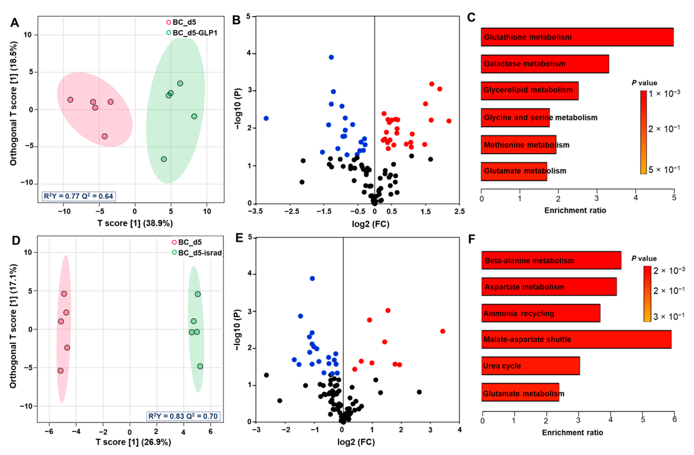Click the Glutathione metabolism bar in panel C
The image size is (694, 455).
(577, 37)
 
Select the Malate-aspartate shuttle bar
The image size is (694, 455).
(576, 339)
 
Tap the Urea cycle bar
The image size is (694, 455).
(530, 366)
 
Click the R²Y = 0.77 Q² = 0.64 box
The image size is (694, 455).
(78, 196)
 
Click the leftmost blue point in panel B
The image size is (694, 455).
(266, 118)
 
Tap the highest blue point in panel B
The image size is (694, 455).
(331, 57)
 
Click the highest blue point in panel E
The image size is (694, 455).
(312, 278)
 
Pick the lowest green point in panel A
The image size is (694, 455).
(164, 159)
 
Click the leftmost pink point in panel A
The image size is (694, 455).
(70, 100)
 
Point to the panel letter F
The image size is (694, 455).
(472, 239)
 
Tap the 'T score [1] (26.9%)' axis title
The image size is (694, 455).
(133, 442)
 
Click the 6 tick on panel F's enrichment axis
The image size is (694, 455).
(674, 419)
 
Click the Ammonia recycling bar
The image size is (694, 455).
(541, 313)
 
